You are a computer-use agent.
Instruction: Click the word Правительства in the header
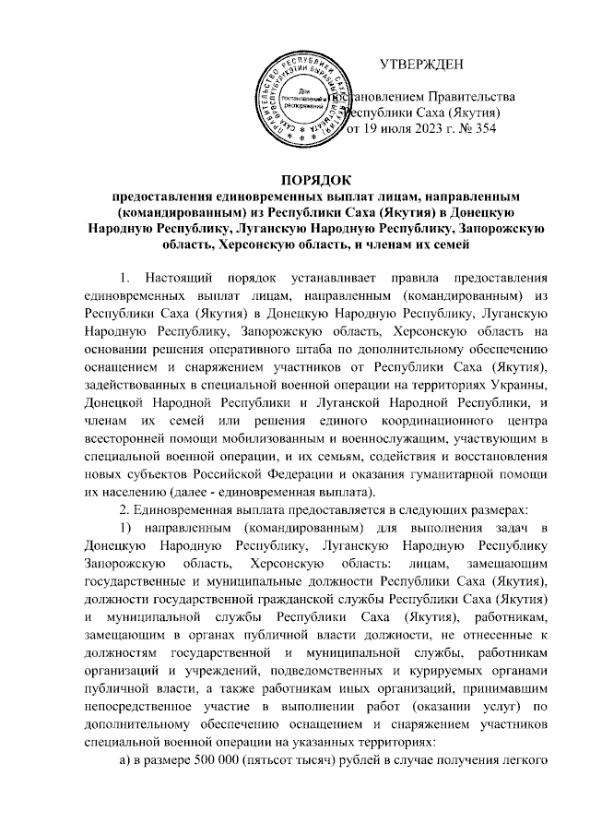(471, 96)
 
